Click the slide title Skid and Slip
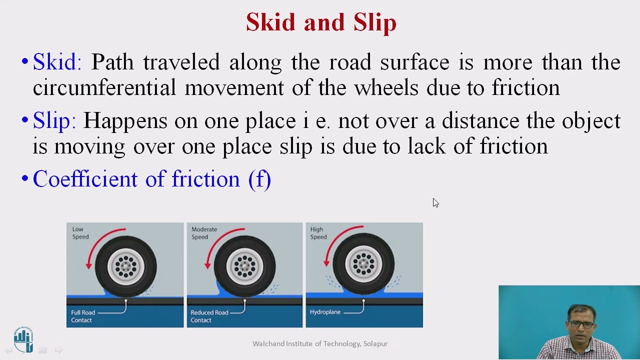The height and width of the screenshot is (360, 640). (x=321, y=23)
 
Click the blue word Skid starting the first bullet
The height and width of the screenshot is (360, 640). (x=56, y=62)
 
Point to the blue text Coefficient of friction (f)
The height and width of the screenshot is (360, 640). (x=151, y=179)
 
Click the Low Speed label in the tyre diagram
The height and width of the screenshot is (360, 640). (x=80, y=233)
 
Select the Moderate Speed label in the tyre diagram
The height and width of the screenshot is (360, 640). (x=203, y=233)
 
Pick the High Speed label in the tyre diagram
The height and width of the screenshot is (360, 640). (x=318, y=233)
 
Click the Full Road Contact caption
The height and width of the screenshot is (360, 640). (x=83, y=316)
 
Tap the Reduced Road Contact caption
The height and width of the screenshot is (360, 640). (x=209, y=316)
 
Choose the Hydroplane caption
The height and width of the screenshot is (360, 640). (x=325, y=312)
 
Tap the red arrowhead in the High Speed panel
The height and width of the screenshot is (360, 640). (x=327, y=261)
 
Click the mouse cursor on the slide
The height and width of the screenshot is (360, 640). (x=435, y=202)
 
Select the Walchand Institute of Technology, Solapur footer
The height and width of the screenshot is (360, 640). (x=320, y=343)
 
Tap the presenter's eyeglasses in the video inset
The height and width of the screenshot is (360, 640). (x=581, y=324)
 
